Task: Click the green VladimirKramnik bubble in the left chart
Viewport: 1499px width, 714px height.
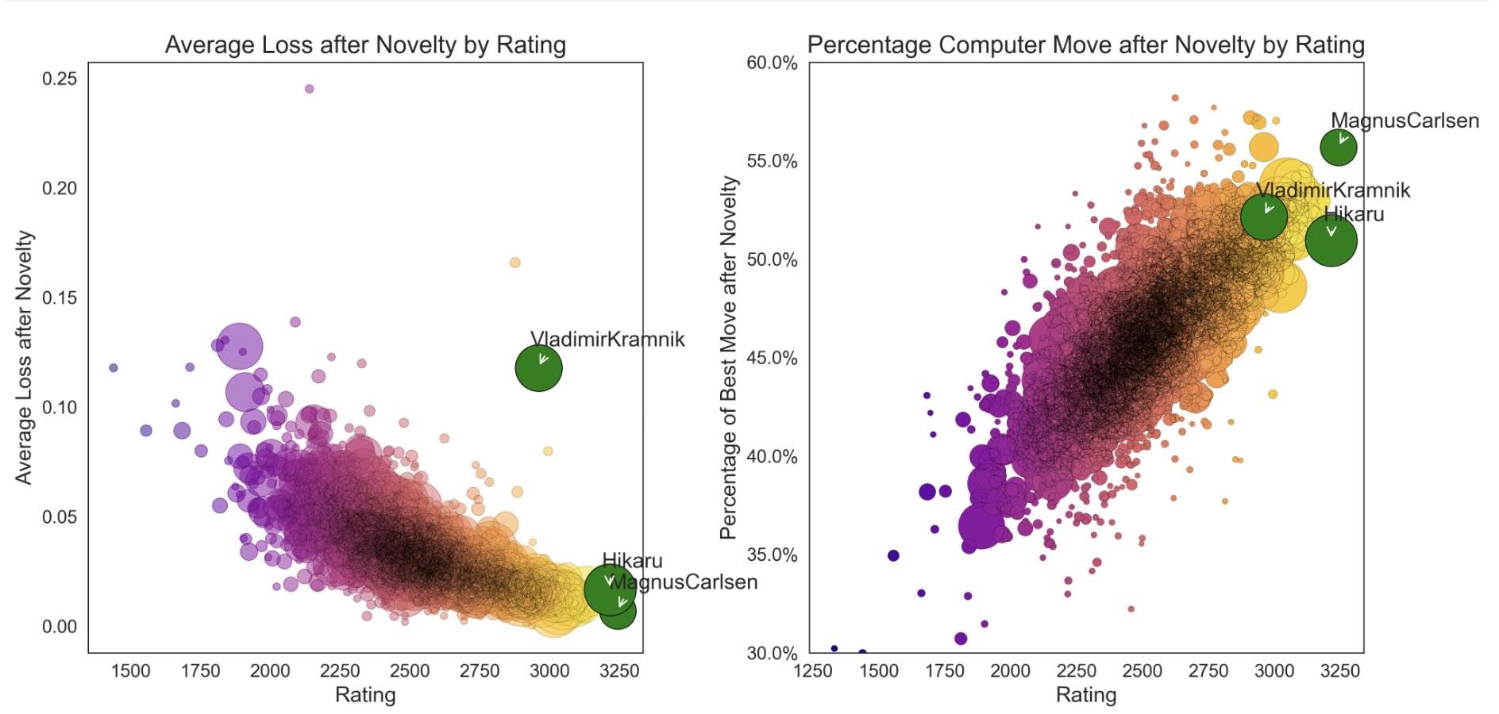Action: [x=538, y=368]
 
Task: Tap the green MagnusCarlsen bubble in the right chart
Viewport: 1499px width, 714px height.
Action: [x=1338, y=148]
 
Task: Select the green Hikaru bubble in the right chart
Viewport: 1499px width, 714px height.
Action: [x=1331, y=240]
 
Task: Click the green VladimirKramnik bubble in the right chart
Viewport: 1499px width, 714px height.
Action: [x=1263, y=216]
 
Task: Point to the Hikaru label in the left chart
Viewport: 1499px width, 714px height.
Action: [x=632, y=561]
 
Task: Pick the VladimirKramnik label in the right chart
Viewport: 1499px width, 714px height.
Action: [x=1334, y=190]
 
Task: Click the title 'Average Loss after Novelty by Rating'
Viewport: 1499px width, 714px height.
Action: [x=365, y=45]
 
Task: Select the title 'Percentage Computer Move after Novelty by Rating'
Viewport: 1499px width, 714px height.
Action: [x=1085, y=45]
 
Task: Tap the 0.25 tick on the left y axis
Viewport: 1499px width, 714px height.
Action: [x=60, y=79]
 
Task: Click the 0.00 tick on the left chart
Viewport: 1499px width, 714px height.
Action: [x=60, y=627]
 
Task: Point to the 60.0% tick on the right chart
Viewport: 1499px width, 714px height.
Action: [x=772, y=63]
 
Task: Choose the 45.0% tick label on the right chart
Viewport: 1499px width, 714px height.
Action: [x=772, y=359]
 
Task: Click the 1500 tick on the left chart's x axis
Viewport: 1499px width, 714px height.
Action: [x=130, y=671]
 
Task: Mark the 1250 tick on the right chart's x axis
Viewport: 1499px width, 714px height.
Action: [x=813, y=671]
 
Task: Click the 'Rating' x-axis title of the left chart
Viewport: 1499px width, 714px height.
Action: [x=365, y=695]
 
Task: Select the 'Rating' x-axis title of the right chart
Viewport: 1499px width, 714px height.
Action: [x=1085, y=695]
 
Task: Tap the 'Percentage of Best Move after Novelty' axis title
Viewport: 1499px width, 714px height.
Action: [x=729, y=358]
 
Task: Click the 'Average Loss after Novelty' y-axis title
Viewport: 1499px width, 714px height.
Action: [x=24, y=358]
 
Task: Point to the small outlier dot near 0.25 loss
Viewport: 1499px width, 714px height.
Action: [x=309, y=89]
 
